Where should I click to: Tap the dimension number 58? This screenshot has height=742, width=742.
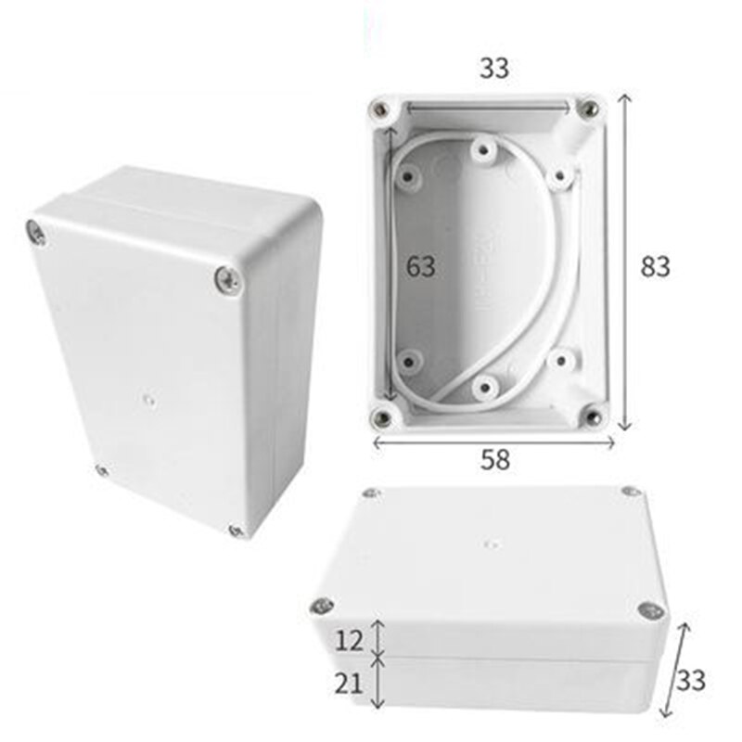pyautogui.click(x=494, y=457)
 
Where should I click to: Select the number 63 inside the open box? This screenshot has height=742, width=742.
pyautogui.click(x=420, y=267)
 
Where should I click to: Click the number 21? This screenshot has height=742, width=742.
pyautogui.click(x=348, y=684)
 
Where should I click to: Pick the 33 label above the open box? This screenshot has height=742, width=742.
pyautogui.click(x=493, y=68)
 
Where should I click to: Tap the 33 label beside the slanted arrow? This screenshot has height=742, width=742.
pyautogui.click(x=690, y=681)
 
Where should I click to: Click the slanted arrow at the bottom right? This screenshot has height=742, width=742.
pyautogui.click(x=675, y=669)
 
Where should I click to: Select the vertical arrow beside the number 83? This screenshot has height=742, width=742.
pyautogui.click(x=626, y=262)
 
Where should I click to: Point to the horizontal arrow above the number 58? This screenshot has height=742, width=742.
pyautogui.click(x=493, y=442)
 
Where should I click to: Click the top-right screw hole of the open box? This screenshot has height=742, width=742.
pyautogui.click(x=587, y=112)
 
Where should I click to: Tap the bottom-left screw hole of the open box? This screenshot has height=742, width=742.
pyautogui.click(x=381, y=417)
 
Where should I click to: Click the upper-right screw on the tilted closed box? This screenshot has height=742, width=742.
pyautogui.click(x=226, y=278)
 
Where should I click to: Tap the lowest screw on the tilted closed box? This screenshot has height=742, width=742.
pyautogui.click(x=236, y=531)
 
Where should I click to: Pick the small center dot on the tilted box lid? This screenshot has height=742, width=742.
pyautogui.click(x=149, y=401)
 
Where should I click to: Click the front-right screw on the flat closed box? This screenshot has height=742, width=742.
pyautogui.click(x=650, y=610)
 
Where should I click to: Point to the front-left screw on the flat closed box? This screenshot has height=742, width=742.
pyautogui.click(x=322, y=607)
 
